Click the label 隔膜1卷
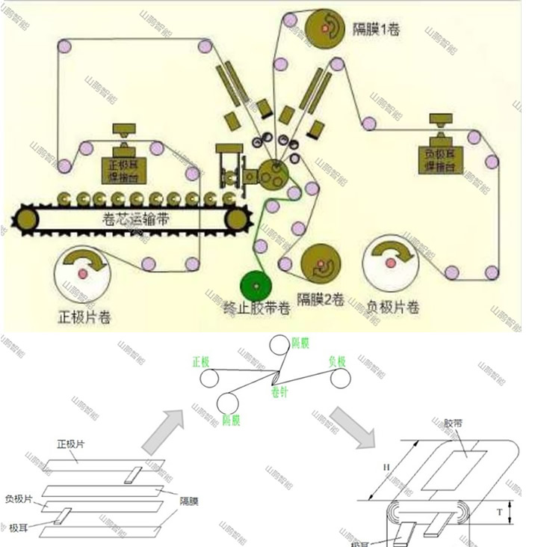(376, 30)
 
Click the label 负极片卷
(392, 307)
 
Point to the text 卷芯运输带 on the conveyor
(132, 219)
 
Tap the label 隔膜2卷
(321, 299)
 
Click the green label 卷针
(279, 391)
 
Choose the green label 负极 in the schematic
(338, 361)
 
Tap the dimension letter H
(386, 468)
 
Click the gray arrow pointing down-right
(350, 427)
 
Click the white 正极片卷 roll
(83, 274)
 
